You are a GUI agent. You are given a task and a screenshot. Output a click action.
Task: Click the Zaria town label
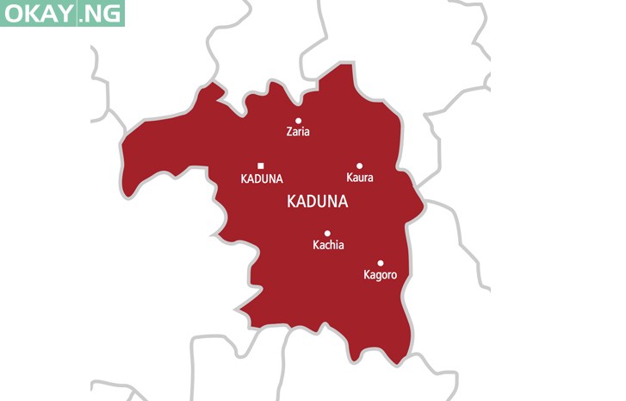(298, 133)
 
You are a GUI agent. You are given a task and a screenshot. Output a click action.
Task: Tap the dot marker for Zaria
(298, 121)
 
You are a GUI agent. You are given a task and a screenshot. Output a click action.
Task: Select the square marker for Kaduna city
(260, 166)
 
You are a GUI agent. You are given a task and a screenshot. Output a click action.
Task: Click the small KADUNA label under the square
(262, 179)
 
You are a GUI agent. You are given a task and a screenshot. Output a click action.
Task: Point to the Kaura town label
(359, 178)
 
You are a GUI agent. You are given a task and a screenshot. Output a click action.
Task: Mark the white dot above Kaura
(359, 166)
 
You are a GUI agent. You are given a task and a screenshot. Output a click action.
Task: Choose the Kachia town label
(327, 245)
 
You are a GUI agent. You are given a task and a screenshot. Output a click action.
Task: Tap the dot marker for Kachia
(327, 233)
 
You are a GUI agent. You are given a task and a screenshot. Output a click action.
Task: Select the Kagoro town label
(380, 275)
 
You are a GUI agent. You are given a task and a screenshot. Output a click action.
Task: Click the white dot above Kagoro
(380, 263)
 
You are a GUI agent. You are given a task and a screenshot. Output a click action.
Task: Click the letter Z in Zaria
(289, 133)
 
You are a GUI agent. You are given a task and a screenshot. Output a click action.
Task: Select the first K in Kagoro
(367, 275)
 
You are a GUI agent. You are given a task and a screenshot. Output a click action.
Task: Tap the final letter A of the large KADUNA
(343, 202)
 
